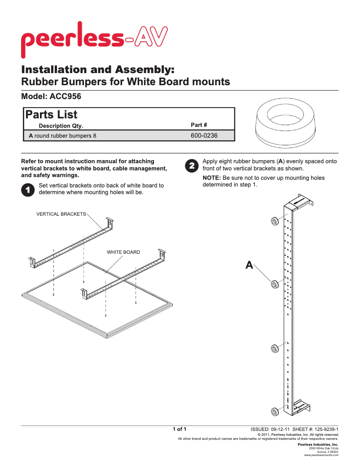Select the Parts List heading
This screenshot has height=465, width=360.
click(51, 115)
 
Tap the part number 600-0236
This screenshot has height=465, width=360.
click(204, 135)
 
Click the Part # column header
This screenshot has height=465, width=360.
click(199, 125)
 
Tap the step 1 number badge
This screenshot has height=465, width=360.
click(27, 190)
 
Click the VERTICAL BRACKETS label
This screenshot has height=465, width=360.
click(61, 214)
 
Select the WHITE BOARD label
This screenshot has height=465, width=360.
click(123, 252)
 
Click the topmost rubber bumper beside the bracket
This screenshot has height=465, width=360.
click(273, 221)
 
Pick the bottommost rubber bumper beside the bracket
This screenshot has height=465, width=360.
click(273, 412)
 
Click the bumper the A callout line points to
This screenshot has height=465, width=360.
click(273, 284)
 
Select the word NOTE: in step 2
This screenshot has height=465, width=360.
click(212, 178)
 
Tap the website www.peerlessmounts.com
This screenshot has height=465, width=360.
click(321, 455)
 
